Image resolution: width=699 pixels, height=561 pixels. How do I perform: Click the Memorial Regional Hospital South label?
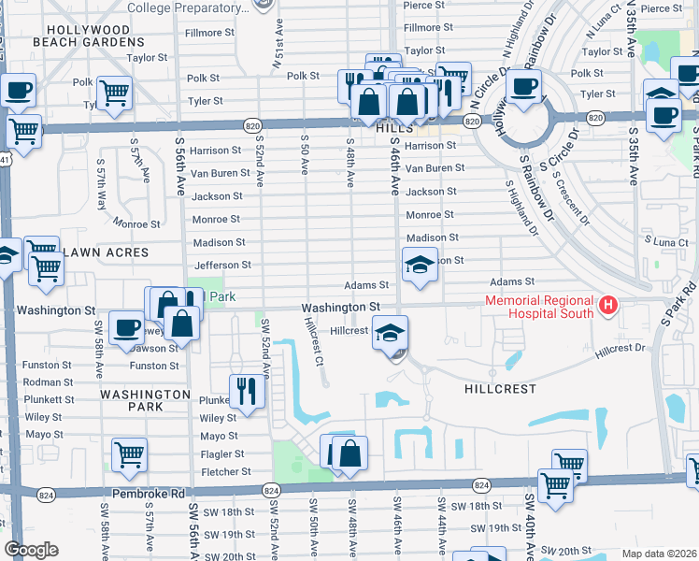[538, 307]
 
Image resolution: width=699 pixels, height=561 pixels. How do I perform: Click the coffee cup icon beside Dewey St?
[126, 328]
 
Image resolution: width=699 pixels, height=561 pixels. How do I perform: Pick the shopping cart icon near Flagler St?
[129, 455]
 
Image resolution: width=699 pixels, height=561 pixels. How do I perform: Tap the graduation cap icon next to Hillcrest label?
[390, 332]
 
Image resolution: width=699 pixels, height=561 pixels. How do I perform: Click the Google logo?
[31, 549]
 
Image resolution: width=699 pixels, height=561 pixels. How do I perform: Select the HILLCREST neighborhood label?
[500, 388]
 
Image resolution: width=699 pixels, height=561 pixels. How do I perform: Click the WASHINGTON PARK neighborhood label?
[145, 401]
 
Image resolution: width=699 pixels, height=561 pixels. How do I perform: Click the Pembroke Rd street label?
[143, 493]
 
